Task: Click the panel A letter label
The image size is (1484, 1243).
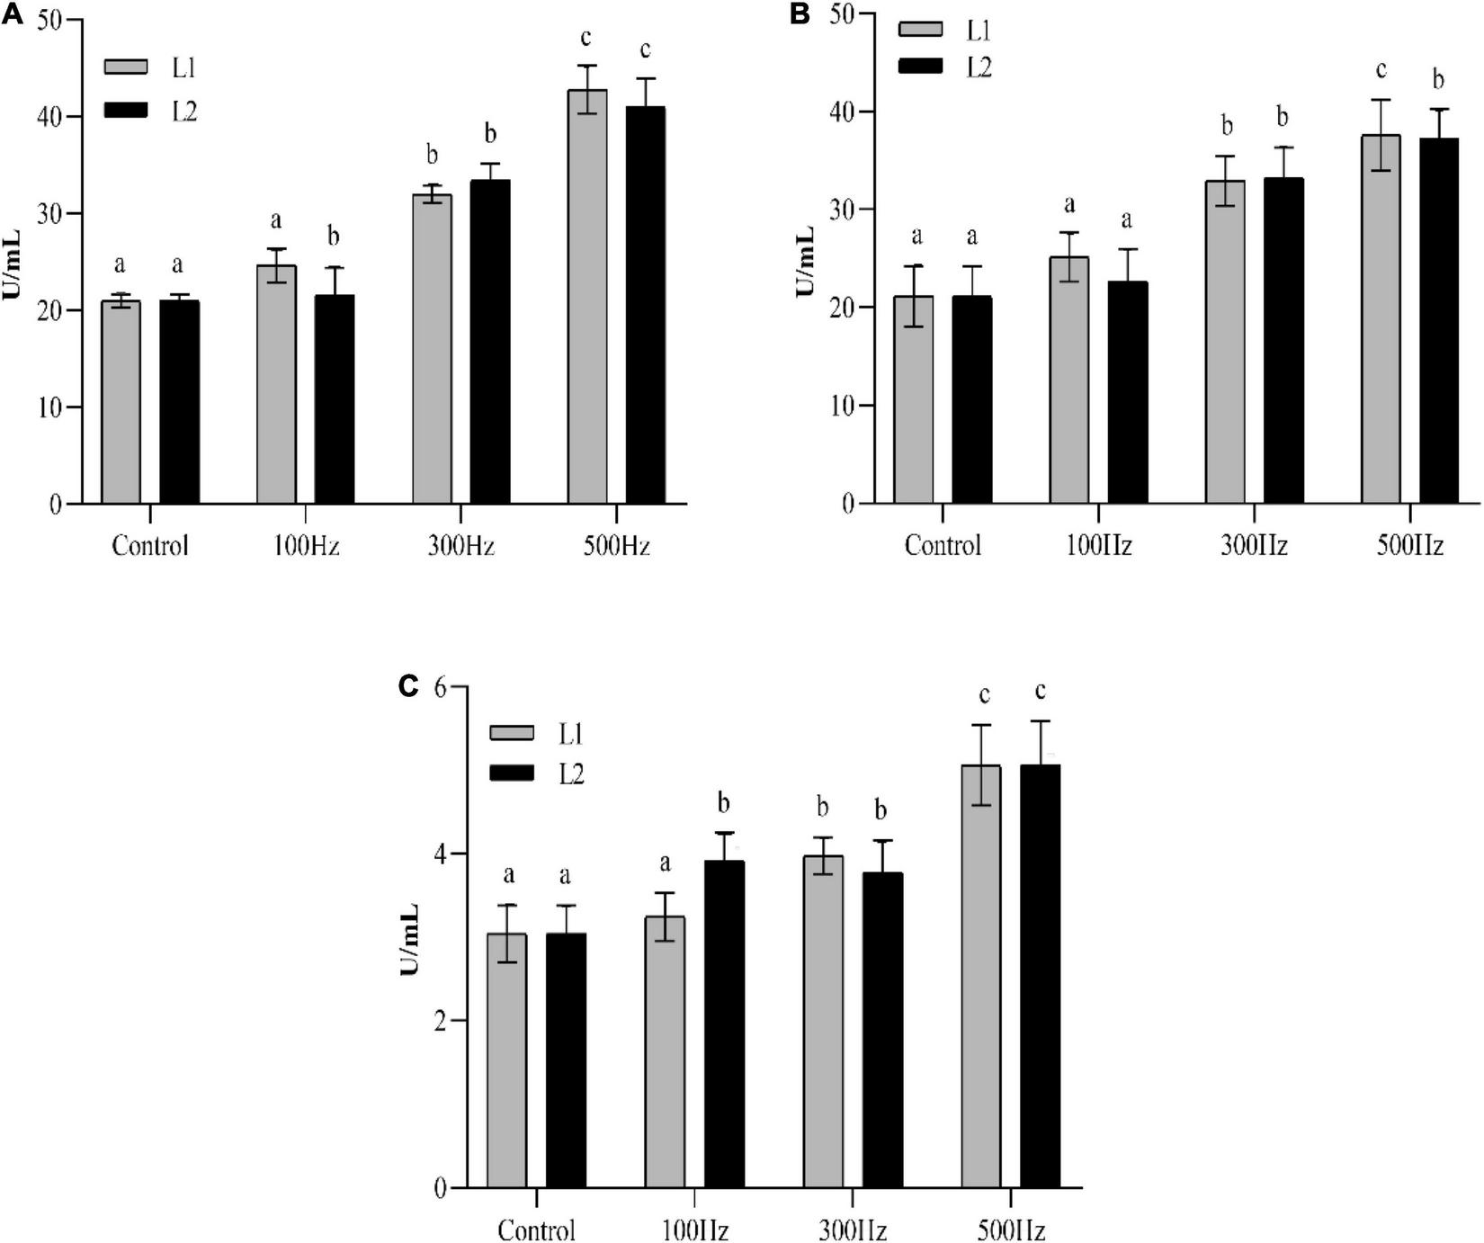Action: pyautogui.click(x=12, y=15)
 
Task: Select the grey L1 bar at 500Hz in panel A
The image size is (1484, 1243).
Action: pyautogui.click(x=587, y=297)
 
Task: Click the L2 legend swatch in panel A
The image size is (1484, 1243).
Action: pyautogui.click(x=124, y=111)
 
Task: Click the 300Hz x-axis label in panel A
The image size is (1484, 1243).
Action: pyautogui.click(x=460, y=547)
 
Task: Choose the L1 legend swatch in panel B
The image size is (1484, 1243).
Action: pyautogui.click(x=920, y=29)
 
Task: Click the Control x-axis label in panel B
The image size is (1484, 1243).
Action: pyautogui.click(x=942, y=546)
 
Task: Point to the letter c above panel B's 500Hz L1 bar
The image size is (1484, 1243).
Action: pyautogui.click(x=1381, y=70)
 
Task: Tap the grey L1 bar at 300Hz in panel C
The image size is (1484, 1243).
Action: pyautogui.click(x=823, y=1021)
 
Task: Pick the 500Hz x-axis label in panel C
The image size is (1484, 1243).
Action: pyautogui.click(x=1011, y=1230)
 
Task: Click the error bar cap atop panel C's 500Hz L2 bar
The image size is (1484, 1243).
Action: pyautogui.click(x=1041, y=721)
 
